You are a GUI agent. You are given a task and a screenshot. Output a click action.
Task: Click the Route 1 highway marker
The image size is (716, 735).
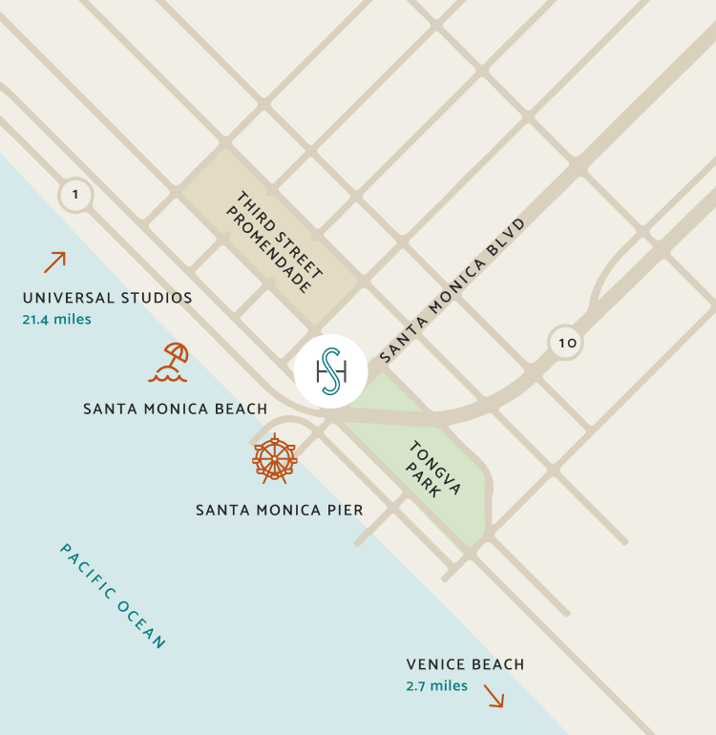click(75, 196)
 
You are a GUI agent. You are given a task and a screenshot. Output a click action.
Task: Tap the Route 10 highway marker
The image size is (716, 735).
click(566, 342)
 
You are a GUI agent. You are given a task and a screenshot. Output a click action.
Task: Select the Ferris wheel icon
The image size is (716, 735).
click(274, 459)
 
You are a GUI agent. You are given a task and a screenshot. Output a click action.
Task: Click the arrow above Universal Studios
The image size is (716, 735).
click(54, 262)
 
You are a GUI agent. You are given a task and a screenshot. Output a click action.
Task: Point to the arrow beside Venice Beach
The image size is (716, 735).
click(494, 696)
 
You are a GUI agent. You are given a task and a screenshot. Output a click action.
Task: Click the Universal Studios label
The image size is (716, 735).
click(107, 298)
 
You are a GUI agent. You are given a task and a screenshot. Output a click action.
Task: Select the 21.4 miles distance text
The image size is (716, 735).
click(56, 319)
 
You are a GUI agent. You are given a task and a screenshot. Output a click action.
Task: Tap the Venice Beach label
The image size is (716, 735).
click(465, 664)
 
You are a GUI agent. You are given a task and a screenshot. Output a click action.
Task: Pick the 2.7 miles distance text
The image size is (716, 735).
click(436, 685)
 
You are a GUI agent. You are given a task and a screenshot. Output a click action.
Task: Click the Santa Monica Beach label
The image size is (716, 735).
click(175, 409)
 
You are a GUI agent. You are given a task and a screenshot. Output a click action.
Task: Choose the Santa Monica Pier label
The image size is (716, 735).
click(279, 510)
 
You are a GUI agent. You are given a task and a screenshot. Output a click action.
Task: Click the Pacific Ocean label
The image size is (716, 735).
click(113, 596)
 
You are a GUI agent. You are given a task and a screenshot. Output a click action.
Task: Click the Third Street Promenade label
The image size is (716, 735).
click(275, 241)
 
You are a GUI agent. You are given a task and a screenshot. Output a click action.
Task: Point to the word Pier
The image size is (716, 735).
click(345, 510)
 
